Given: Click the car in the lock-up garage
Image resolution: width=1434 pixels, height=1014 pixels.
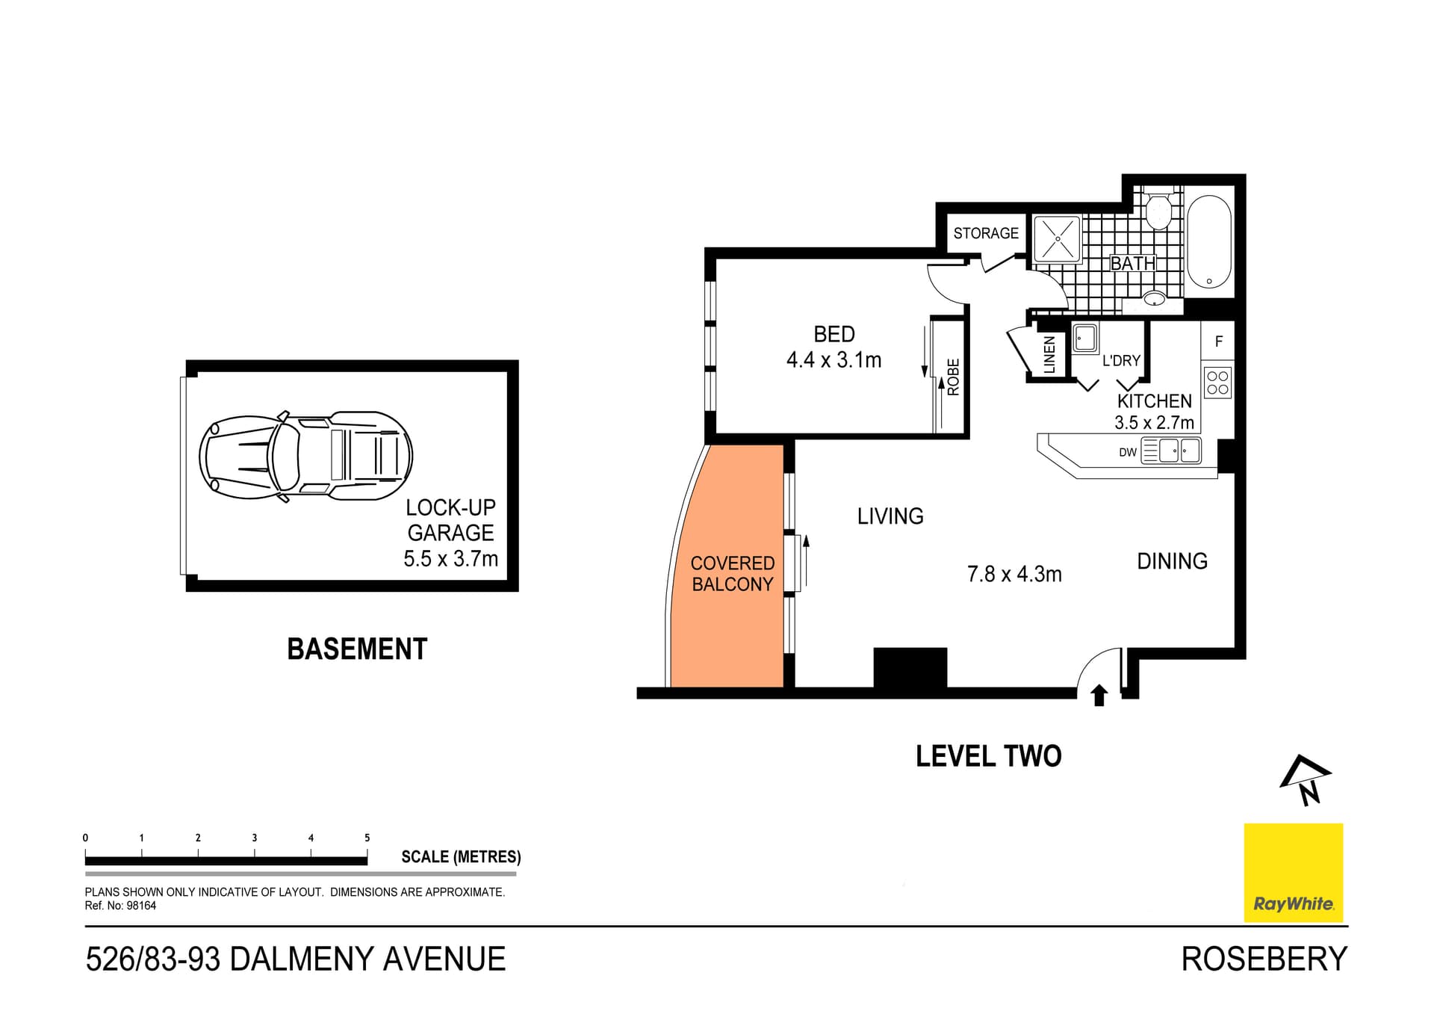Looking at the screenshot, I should [x=305, y=456].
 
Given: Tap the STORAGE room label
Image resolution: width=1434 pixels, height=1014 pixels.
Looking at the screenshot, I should [x=985, y=233].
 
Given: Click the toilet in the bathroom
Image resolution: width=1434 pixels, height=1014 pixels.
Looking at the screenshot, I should [x=1158, y=211].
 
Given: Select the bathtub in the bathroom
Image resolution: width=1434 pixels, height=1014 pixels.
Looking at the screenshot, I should [x=1208, y=241].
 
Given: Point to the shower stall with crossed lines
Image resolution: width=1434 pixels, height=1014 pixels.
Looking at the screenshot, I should [x=1057, y=238].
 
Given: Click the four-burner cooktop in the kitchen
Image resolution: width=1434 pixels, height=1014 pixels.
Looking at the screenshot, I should [x=1217, y=383].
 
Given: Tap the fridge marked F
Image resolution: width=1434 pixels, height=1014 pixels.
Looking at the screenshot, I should [x=1218, y=341].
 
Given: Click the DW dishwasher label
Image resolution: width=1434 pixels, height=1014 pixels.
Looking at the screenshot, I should [x=1127, y=452].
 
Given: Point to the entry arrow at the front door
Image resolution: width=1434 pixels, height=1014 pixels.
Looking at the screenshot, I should [x=1099, y=696].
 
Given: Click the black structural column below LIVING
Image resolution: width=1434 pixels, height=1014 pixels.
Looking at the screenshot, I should [x=910, y=667].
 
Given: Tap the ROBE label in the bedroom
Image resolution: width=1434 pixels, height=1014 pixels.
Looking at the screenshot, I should [x=954, y=377].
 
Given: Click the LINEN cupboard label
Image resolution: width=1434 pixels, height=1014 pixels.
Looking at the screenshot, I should [x=1049, y=354].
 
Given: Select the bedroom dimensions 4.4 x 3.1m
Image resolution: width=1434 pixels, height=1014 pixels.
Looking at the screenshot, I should [x=834, y=360].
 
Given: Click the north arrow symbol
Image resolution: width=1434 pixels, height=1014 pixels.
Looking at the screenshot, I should [x=1306, y=780].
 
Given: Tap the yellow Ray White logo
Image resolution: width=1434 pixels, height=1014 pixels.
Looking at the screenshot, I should [x=1293, y=872].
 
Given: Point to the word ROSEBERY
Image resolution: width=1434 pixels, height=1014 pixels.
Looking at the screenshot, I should [x=1264, y=959].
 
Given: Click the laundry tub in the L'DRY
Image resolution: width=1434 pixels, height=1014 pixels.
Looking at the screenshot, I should [x=1084, y=338].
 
